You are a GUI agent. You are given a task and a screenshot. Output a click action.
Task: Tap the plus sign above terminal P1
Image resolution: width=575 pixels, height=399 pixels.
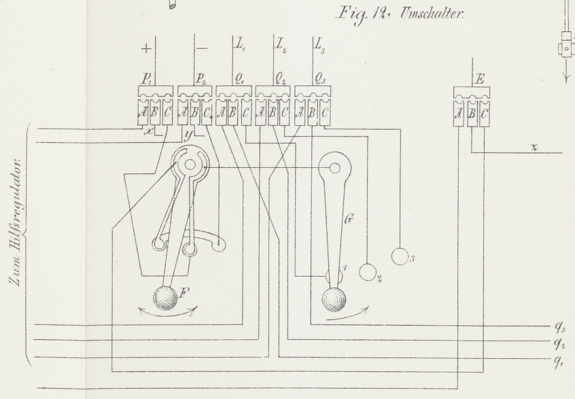(146, 48)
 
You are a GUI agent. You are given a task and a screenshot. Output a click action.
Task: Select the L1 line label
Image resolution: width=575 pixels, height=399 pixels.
(240, 45)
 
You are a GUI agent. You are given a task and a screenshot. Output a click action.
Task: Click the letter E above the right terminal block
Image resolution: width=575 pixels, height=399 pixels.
(480, 79)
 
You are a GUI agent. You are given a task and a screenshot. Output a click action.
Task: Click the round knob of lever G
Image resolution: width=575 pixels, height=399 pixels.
(334, 300)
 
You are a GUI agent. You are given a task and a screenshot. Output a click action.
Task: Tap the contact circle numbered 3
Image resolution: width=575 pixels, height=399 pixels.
(400, 256)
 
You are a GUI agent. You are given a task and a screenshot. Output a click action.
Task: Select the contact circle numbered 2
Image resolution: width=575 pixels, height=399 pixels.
(368, 272)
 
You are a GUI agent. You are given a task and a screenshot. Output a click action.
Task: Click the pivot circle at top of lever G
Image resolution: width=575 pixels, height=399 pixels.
(334, 169)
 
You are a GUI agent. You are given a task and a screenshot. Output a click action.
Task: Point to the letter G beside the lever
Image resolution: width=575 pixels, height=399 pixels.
(349, 219)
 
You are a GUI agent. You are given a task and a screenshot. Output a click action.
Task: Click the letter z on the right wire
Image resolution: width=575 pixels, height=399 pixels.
(535, 148)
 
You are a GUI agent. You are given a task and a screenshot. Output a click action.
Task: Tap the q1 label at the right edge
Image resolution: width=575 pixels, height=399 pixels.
(559, 361)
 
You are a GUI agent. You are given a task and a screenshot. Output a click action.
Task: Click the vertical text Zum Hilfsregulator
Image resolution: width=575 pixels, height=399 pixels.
(17, 223)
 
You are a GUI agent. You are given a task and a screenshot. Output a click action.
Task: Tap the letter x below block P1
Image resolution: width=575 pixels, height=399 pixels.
(149, 131)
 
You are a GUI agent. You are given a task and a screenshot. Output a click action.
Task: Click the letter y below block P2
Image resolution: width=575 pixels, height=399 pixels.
(188, 135)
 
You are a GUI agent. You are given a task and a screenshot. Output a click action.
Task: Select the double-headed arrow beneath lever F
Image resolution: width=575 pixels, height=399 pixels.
(169, 315)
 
